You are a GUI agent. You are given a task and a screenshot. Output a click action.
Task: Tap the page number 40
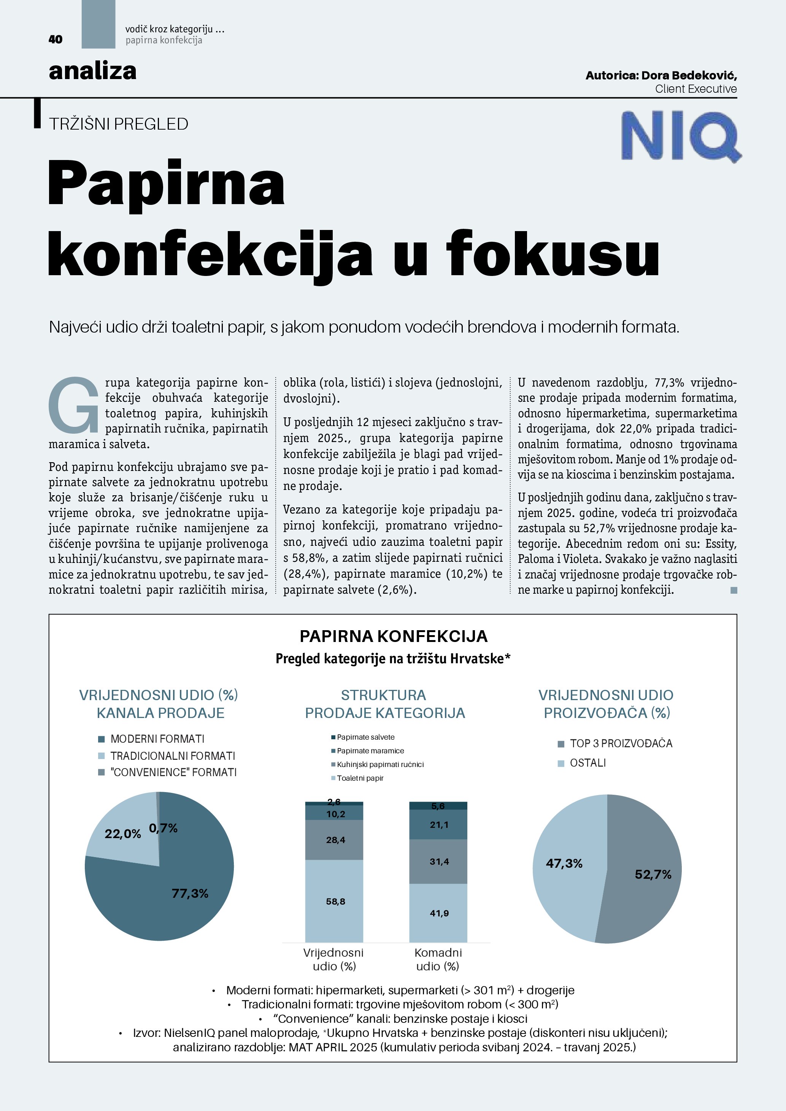56,39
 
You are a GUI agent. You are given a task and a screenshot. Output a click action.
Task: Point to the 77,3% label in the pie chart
190,893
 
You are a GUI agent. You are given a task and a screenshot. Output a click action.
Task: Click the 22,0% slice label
123,834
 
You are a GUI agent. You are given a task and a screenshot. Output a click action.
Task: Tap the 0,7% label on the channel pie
163,828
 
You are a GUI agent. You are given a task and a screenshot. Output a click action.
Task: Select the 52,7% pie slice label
653,874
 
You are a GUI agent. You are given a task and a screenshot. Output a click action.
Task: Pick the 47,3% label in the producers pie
564,863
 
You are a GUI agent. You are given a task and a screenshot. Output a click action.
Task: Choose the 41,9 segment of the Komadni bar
439,913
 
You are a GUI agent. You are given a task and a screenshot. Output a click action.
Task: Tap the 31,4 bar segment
439,861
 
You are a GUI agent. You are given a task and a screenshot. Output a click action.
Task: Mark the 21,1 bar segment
439,824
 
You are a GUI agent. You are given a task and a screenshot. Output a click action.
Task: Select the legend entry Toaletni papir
360,778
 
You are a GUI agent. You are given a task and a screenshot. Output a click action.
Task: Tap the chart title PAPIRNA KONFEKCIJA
393,636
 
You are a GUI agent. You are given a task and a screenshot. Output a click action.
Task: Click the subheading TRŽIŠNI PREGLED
119,124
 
